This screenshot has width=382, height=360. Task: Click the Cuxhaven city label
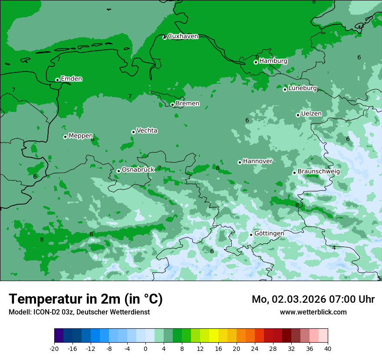pos(183,36)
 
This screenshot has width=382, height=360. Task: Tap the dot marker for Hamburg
pos(256,62)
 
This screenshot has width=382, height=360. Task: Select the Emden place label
pos(71,79)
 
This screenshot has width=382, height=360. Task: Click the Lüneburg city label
pos(303,88)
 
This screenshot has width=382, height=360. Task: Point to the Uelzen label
pos(311,114)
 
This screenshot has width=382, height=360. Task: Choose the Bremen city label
pos(188,104)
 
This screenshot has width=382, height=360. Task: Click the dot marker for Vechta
pos(133,132)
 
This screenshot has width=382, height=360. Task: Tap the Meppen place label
pos(81,136)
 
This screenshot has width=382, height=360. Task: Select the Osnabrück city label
pos(138,170)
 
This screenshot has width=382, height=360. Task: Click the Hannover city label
pos(257,161)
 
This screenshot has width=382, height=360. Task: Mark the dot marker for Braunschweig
pos(294,173)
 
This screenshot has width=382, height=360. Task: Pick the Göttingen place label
pos(269,233)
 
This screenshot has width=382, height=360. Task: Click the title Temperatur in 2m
pos(86,299)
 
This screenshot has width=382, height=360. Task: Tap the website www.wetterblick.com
pos(313,312)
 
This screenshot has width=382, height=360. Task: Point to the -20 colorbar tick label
pos(54,349)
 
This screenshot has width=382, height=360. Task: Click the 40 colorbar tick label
pos(328,349)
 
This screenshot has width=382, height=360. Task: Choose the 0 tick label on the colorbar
pos(145,349)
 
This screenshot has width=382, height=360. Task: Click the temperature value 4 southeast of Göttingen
pos(334,248)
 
